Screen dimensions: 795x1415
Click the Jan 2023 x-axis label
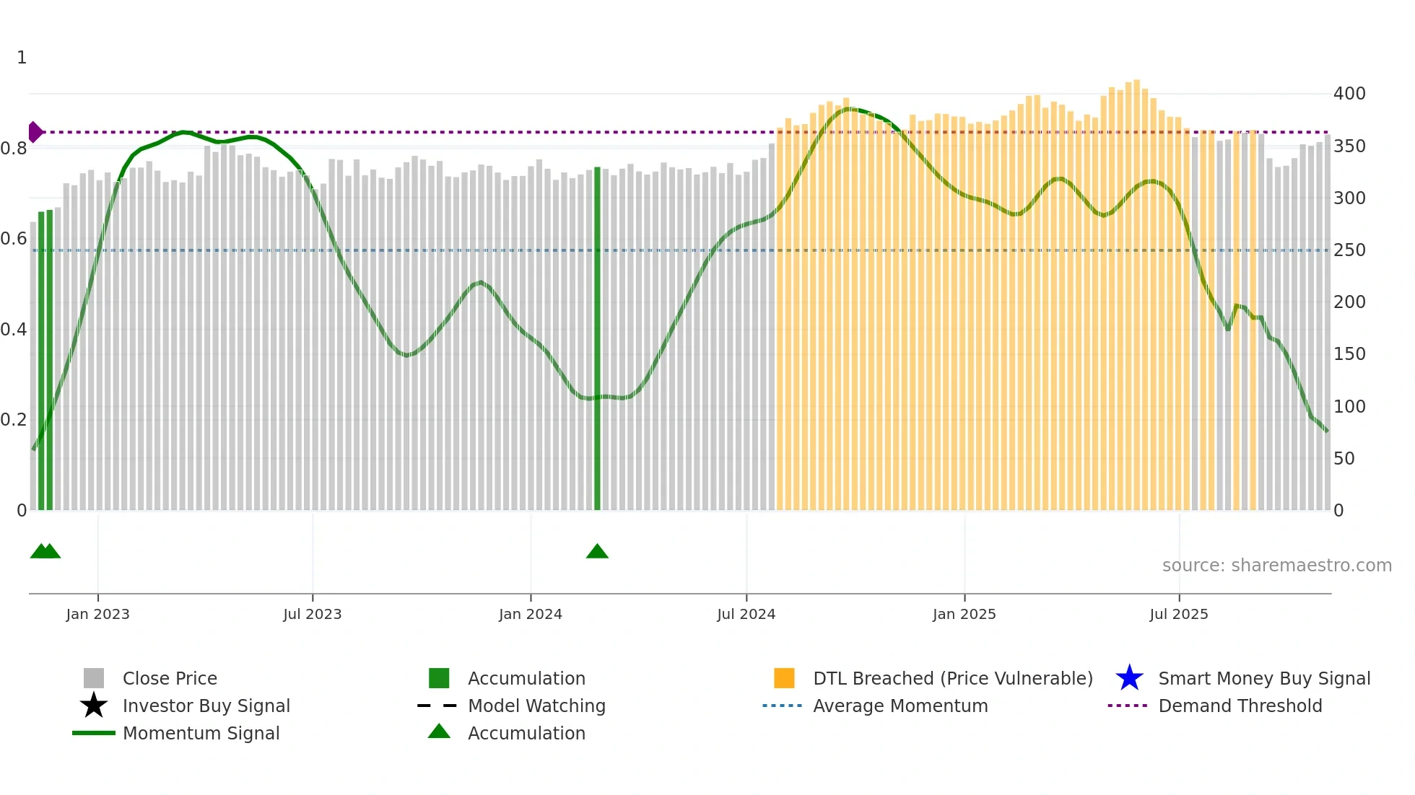[97, 614]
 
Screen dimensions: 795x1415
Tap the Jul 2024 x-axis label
[746, 614]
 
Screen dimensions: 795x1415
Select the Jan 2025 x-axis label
[964, 614]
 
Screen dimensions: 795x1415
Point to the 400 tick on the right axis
[1349, 94]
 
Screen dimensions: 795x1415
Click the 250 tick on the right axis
[1349, 250]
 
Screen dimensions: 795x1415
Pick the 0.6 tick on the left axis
[14, 239]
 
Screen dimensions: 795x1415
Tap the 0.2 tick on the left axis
[14, 420]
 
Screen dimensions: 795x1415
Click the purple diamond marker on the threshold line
[35, 132]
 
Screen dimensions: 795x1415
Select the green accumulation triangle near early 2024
[597, 552]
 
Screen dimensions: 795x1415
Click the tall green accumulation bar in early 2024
[597, 339]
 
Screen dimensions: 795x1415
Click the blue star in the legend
[1129, 678]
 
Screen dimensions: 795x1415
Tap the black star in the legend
[94, 706]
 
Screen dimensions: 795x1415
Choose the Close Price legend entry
[170, 678]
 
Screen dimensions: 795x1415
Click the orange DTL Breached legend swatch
[784, 678]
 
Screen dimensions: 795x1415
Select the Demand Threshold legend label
[1240, 706]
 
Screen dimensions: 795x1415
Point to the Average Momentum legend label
[900, 706]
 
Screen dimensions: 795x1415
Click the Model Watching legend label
[536, 706]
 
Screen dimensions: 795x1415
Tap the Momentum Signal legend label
[201, 733]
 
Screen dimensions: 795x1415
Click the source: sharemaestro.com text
[1276, 565]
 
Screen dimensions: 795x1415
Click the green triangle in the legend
[439, 732]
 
